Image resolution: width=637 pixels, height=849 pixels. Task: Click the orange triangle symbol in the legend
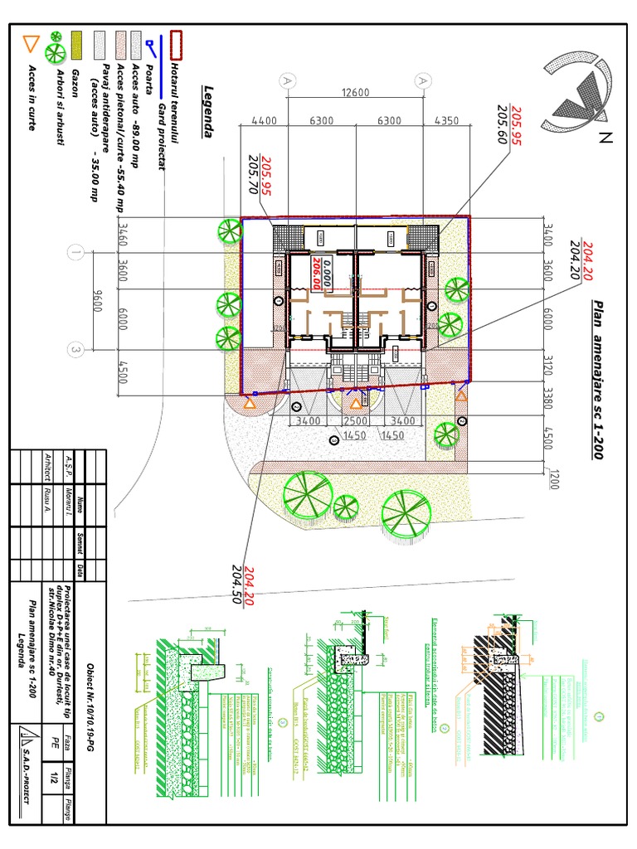pos(32,44)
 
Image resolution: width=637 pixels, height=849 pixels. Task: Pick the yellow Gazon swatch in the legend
pos(76,45)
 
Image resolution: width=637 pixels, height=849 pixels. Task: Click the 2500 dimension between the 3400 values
pos(354,421)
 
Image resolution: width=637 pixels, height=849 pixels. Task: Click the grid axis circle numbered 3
pos(77,351)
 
